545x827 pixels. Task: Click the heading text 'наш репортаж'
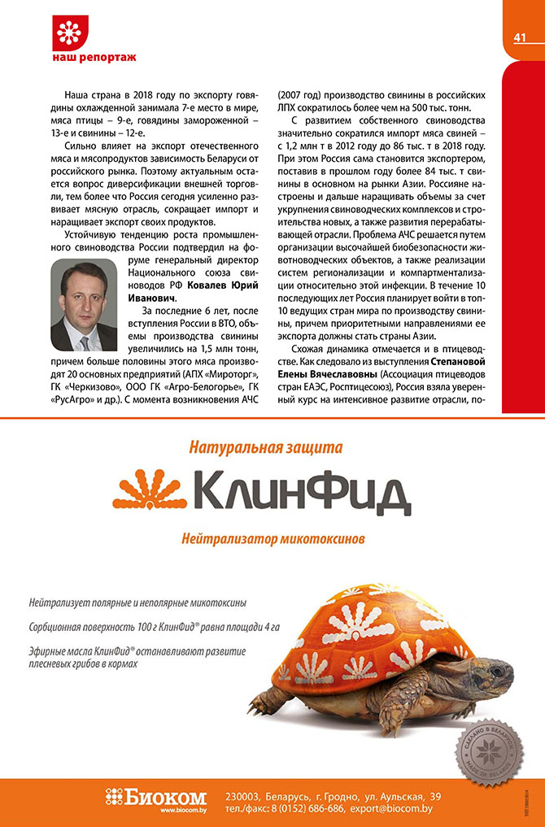[x=94, y=59]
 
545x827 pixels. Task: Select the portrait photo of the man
[x=83, y=305]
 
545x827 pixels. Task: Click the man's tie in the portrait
[x=85, y=341]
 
